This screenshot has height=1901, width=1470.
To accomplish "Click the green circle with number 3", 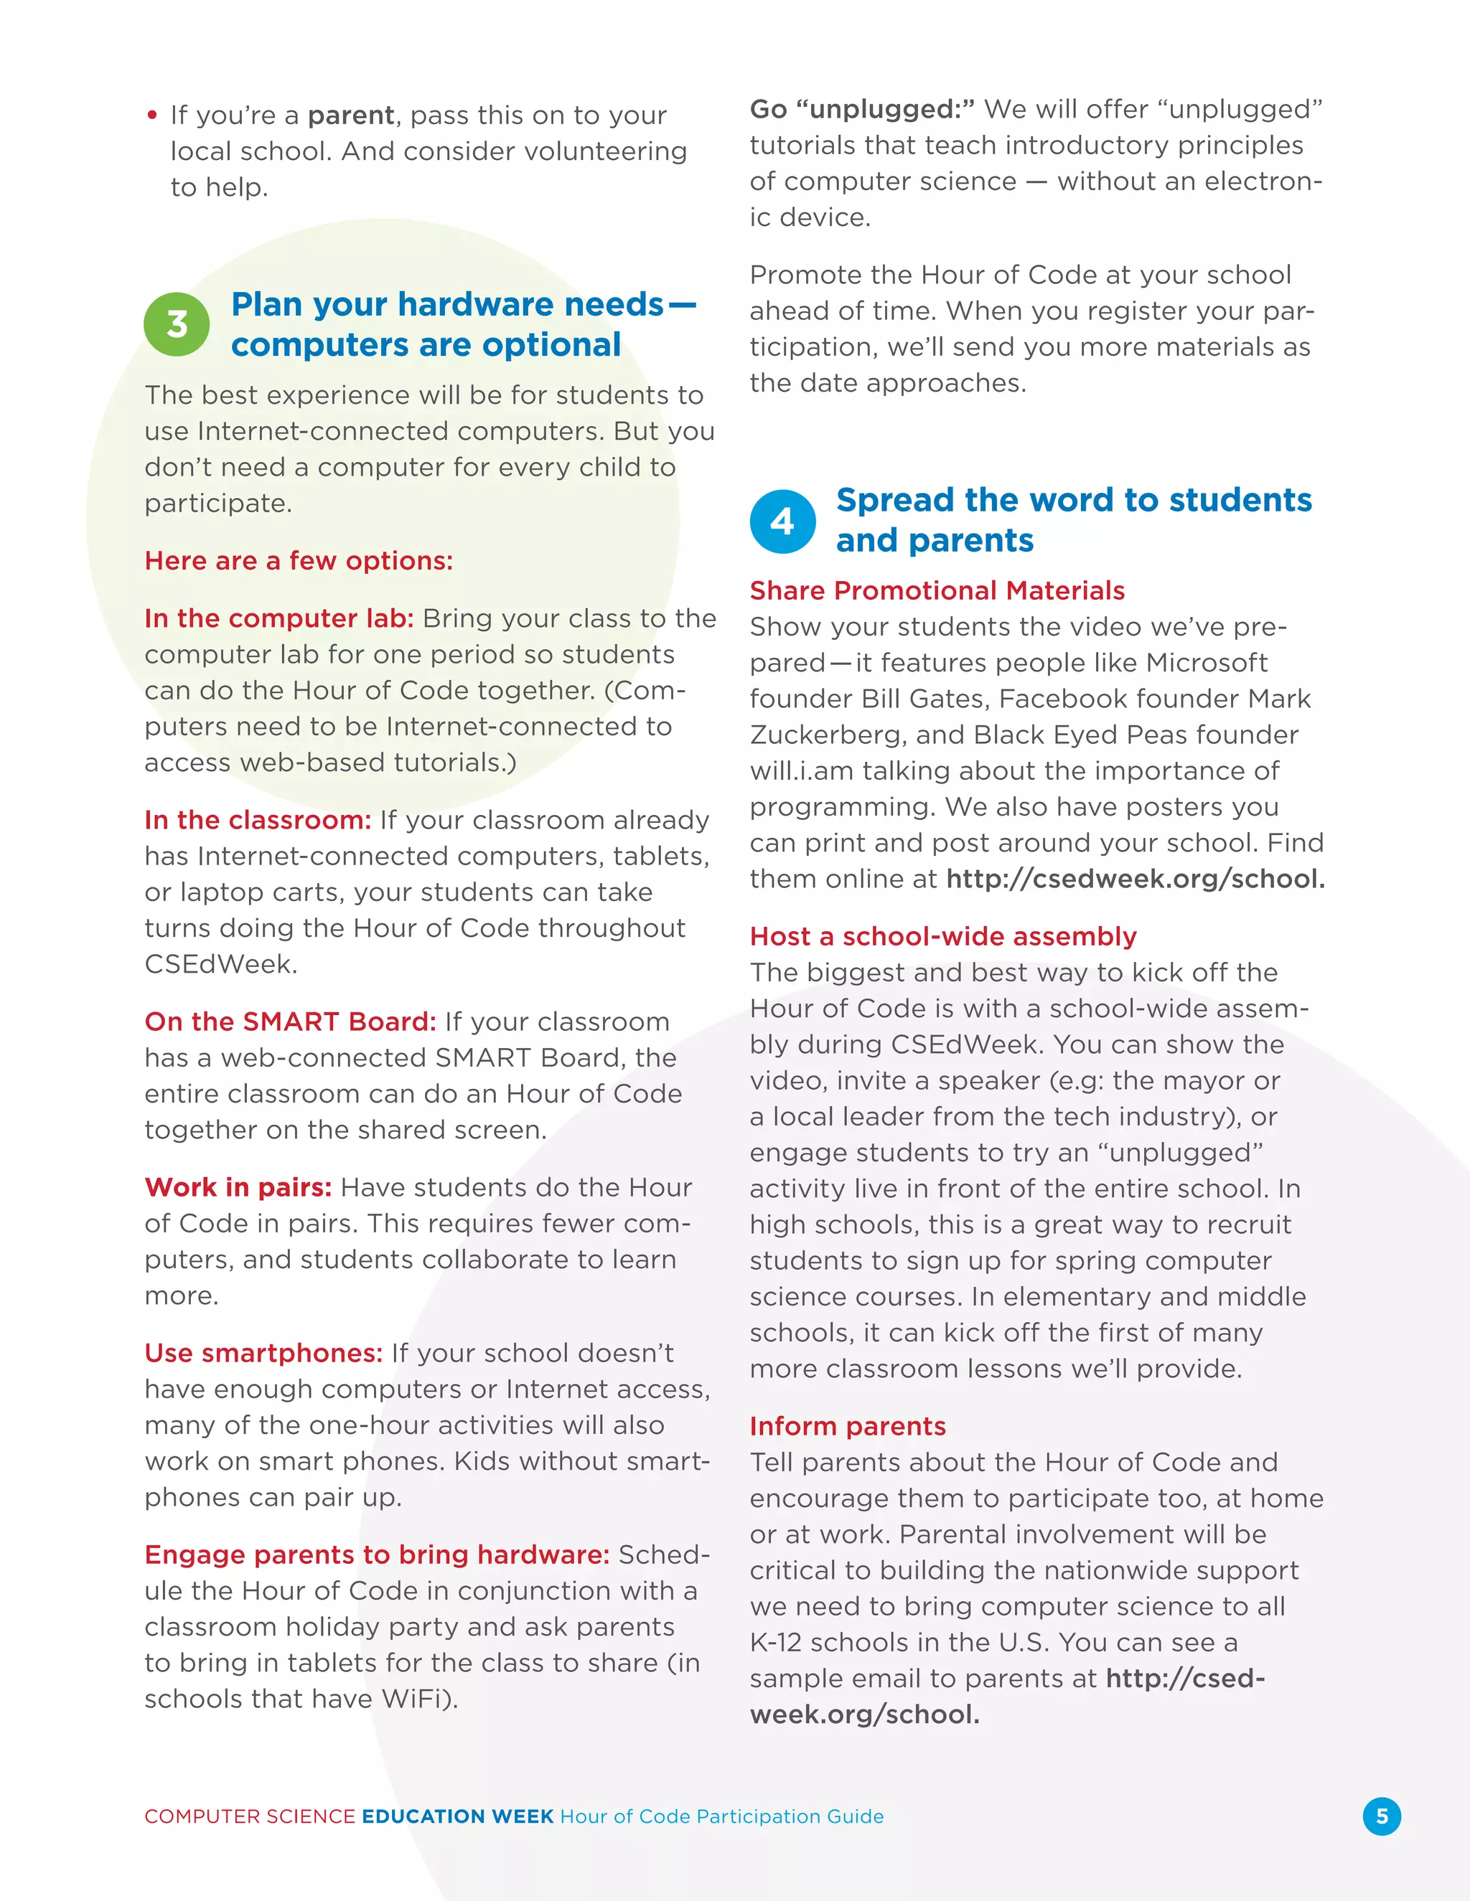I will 177,325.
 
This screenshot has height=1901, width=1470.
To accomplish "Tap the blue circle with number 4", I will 782,522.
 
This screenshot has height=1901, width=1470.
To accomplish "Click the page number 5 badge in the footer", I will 1381,1816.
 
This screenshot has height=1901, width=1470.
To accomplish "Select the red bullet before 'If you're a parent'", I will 152,115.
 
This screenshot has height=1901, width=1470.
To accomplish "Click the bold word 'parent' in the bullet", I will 351,115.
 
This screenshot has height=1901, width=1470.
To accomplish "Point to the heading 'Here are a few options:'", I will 299,560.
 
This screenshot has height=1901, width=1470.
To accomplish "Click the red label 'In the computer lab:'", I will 278,618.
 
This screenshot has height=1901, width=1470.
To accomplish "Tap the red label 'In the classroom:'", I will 258,820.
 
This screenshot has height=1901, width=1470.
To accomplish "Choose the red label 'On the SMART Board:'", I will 290,1021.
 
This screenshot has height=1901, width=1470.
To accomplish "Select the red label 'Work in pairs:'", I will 238,1187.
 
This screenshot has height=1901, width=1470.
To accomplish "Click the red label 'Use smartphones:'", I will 263,1353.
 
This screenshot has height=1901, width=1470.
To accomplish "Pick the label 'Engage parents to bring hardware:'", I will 376,1555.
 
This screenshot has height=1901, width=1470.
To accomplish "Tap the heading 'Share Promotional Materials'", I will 937,590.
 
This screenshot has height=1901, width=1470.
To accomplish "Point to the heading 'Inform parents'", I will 848,1426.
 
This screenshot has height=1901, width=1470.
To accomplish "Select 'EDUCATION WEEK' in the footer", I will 457,1816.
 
